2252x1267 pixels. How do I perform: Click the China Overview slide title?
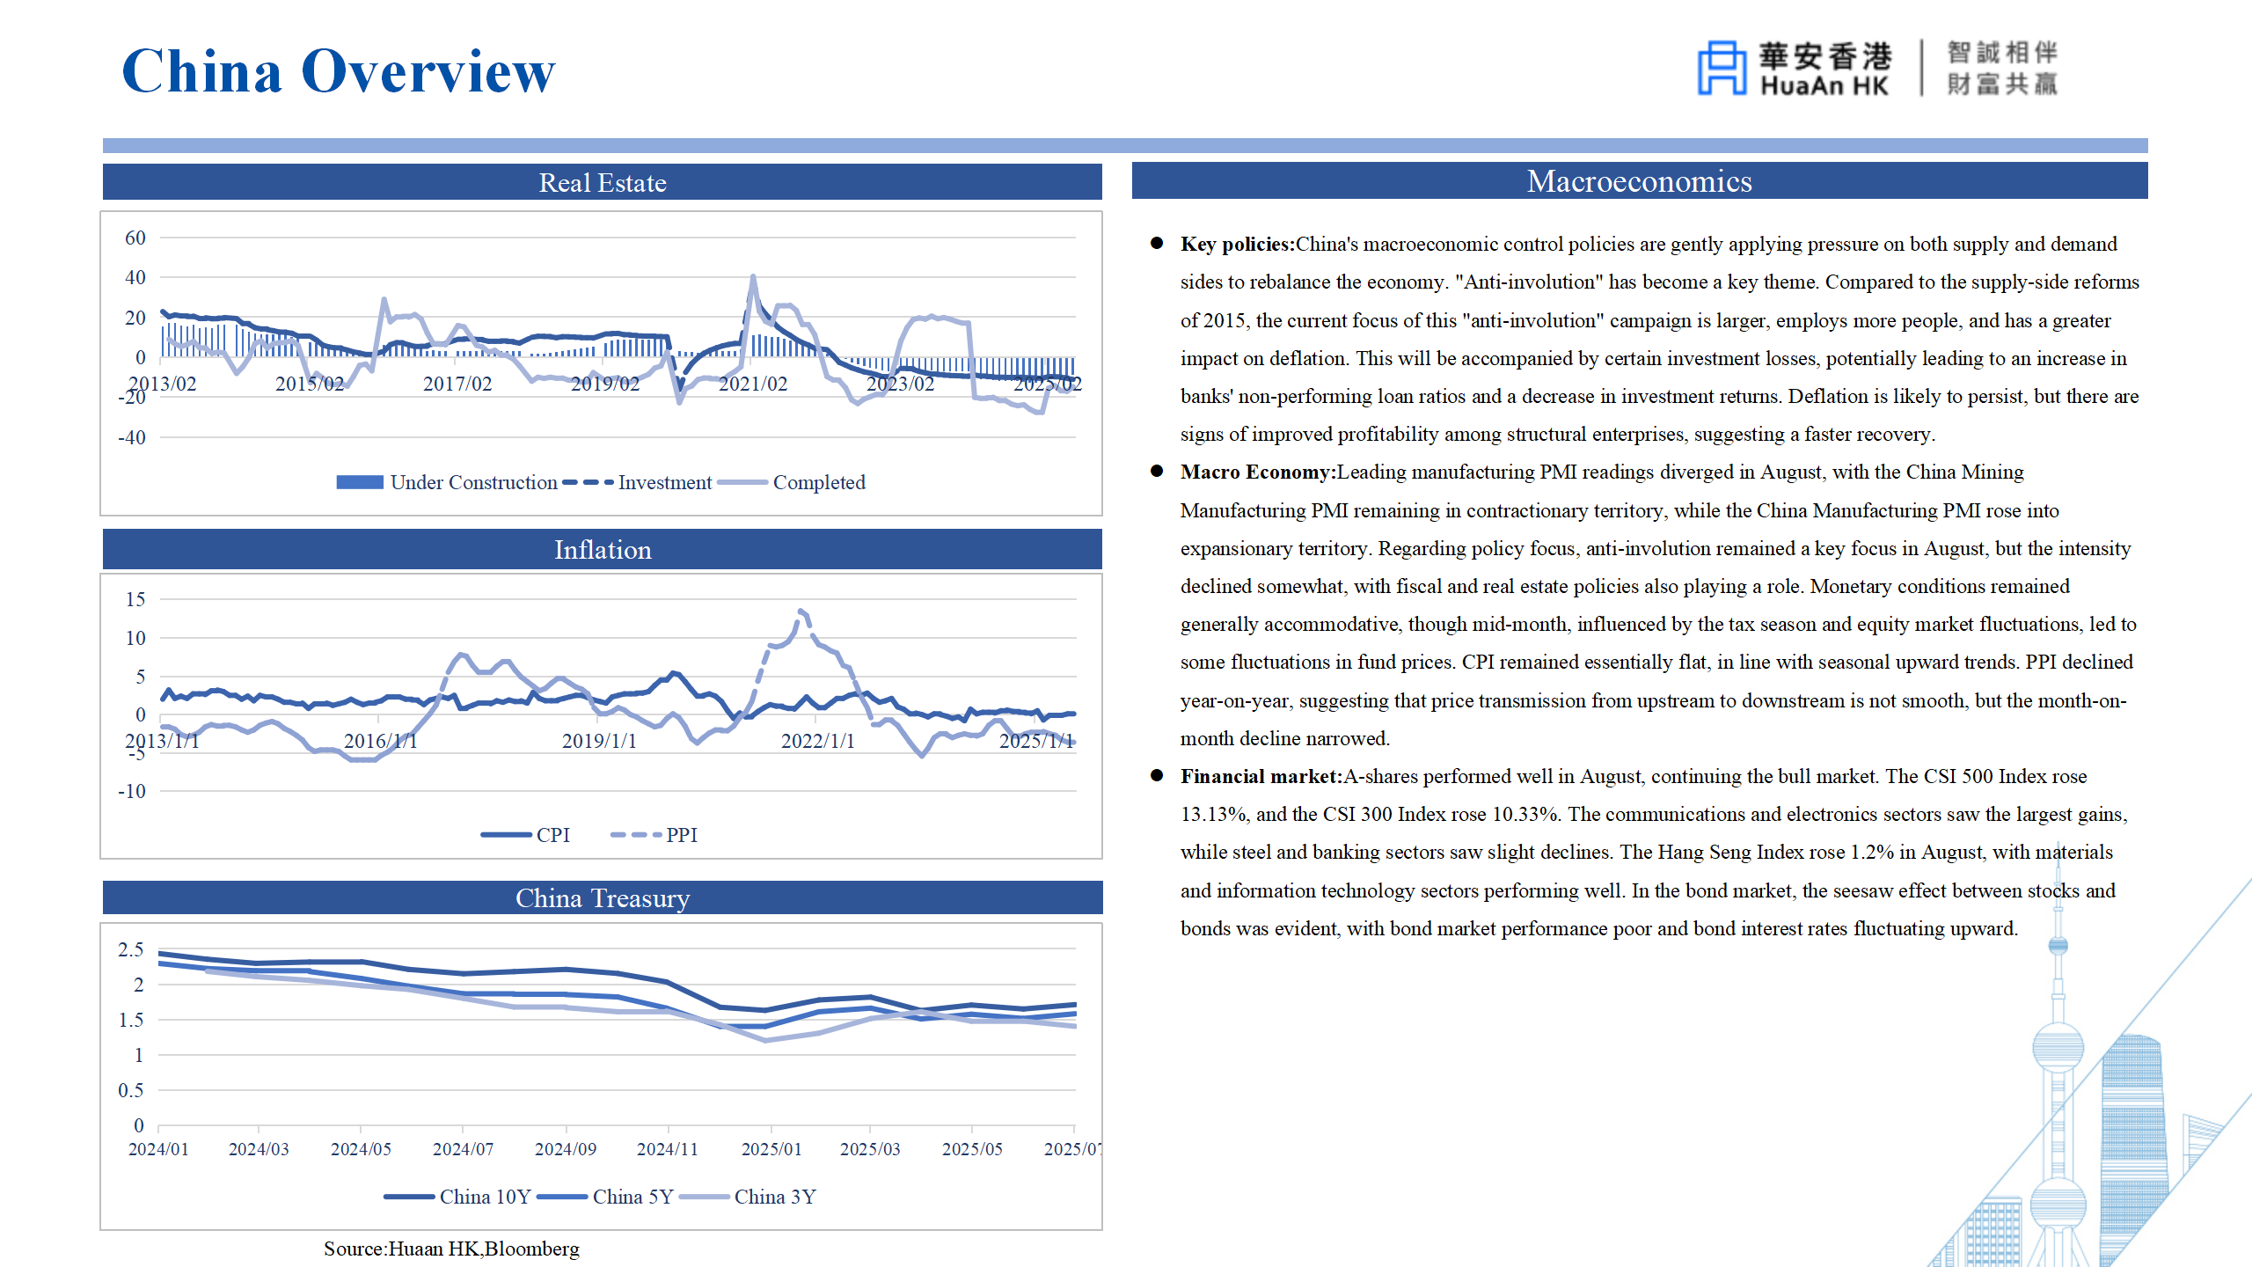click(339, 71)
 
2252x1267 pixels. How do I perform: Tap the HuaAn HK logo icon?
click(1721, 68)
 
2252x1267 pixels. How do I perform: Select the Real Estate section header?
click(602, 182)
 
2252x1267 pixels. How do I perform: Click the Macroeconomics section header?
click(1639, 181)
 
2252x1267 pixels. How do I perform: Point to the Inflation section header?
click(602, 550)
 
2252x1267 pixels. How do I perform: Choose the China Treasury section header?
click(602, 898)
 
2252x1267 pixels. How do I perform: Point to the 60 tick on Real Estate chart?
click(135, 238)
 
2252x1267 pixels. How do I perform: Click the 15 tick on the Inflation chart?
click(135, 599)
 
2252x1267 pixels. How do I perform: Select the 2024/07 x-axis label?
click(463, 1149)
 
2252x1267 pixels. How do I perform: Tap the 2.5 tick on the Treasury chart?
click(131, 949)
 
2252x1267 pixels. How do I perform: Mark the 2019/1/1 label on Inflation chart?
click(599, 741)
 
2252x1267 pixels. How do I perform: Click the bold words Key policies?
click(1237, 244)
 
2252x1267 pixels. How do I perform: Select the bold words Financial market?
click(1261, 776)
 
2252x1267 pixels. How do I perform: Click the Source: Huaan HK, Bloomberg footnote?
click(451, 1249)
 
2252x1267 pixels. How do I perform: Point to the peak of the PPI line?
click(801, 610)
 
